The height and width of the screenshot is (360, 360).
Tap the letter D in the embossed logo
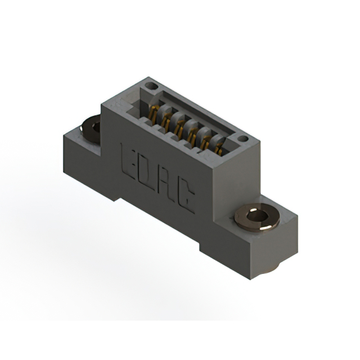coord(146,174)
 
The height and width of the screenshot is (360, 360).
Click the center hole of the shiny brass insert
coord(257,216)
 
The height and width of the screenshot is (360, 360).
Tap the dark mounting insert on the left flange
coord(91,128)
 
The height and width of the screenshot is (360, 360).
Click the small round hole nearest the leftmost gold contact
coord(151,87)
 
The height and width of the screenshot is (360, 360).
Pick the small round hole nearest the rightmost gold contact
coord(242,138)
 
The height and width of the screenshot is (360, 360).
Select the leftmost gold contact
coord(152,113)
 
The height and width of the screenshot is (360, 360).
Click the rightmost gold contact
coord(219,148)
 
